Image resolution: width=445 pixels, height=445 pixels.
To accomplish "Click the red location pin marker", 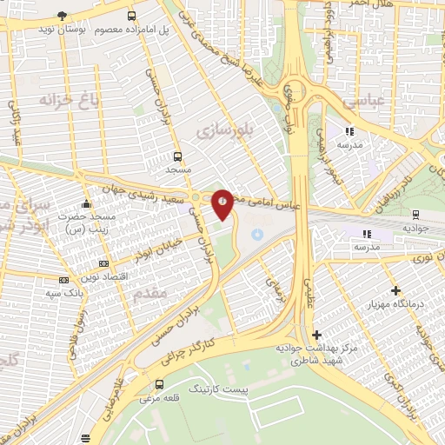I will pyautogui.click(x=222, y=203).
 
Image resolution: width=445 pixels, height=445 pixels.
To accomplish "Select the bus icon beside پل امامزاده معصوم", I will pyautogui.click(x=131, y=16).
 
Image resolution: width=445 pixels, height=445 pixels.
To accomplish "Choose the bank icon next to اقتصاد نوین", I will pyautogui.click(x=103, y=262).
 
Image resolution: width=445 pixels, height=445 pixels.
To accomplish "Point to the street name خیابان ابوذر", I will pyautogui.click(x=158, y=244).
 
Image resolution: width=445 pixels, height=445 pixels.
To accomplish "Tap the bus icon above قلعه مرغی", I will pyautogui.click(x=158, y=384).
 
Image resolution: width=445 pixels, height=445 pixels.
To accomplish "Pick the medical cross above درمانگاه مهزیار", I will pyautogui.click(x=396, y=290).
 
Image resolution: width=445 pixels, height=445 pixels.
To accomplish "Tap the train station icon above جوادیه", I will pyautogui.click(x=415, y=214).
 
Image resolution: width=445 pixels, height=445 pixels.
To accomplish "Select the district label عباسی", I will pyautogui.click(x=363, y=102).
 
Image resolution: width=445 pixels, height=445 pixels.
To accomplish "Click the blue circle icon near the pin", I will pyautogui.click(x=256, y=234).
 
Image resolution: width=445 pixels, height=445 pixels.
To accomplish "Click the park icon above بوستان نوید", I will pyautogui.click(x=62, y=16).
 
